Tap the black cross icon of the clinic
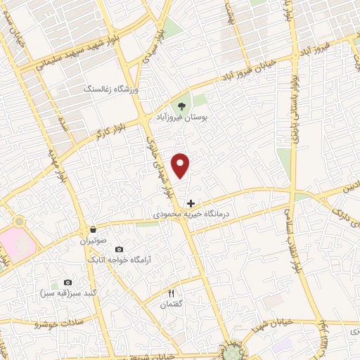pyautogui.click(x=191, y=203)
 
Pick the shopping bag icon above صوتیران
pyautogui.click(x=93, y=229)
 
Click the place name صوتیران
pyautogui.click(x=93, y=240)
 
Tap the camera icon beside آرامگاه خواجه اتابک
pyautogui.click(x=118, y=250)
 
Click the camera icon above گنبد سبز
pyautogui.click(x=67, y=282)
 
